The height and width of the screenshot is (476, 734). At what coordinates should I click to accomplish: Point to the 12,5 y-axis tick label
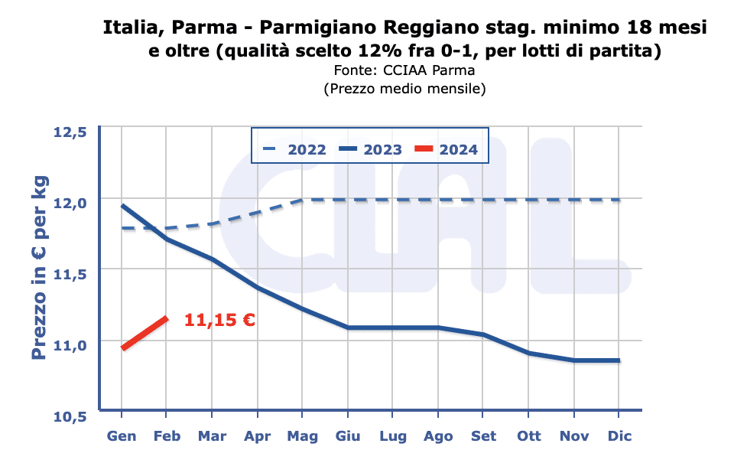[70, 132]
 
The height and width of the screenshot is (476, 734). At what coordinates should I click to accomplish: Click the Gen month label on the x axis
[122, 436]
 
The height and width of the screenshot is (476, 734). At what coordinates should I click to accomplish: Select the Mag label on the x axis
[303, 436]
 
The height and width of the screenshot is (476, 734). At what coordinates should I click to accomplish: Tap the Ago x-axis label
[438, 436]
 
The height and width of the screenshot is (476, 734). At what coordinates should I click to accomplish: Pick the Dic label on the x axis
[619, 436]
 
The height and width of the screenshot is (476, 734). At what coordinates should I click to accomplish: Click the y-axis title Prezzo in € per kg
[40, 268]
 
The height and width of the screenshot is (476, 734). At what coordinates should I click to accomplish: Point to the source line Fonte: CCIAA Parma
[404, 71]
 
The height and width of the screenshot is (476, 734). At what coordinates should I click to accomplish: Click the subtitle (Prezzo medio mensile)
[404, 89]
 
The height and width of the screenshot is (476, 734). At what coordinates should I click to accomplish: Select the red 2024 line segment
[145, 333]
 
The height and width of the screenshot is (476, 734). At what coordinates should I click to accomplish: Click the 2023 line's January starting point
[122, 205]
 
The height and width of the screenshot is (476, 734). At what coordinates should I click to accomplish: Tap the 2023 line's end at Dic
[619, 360]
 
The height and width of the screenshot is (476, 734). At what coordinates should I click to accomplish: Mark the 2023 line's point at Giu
[348, 328]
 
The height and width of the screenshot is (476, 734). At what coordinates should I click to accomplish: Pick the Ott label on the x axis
[528, 436]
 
